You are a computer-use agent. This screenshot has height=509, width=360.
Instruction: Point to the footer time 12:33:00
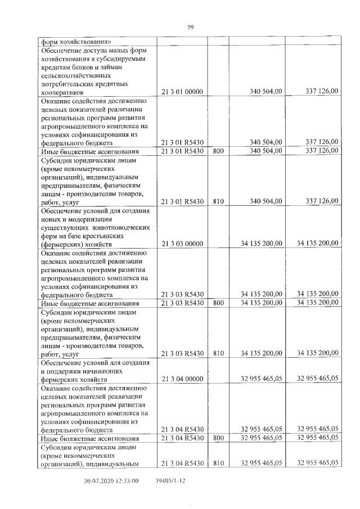(128, 481)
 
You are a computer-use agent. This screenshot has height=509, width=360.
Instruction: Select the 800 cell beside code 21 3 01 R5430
(219, 150)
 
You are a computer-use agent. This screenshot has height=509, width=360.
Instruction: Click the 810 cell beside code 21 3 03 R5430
(219, 354)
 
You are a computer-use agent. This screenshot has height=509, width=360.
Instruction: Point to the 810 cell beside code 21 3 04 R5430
(219, 463)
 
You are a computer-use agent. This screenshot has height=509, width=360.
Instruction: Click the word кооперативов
(61, 91)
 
